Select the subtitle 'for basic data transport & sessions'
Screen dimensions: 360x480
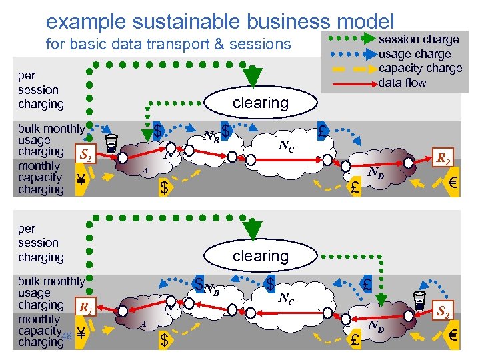pos(168,45)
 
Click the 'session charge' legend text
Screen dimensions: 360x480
pos(419,39)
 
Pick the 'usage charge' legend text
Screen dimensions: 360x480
pos(415,54)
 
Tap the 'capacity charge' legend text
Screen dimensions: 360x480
pos(420,68)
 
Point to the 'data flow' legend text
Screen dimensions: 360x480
pos(402,83)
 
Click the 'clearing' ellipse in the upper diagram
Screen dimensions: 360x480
pos(260,103)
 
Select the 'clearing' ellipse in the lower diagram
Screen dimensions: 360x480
pos(260,256)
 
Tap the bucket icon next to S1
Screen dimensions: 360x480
pos(113,142)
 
